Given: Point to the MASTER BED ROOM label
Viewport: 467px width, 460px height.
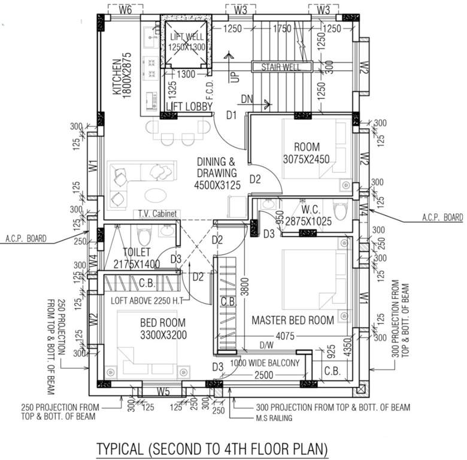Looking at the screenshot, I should point(293,320).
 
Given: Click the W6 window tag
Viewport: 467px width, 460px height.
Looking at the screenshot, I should point(125,10).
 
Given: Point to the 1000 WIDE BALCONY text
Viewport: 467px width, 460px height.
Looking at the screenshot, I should point(265,363).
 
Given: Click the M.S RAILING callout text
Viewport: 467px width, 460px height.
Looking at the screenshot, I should point(271,418).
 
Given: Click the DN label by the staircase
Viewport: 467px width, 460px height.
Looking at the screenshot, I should point(247,98).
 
